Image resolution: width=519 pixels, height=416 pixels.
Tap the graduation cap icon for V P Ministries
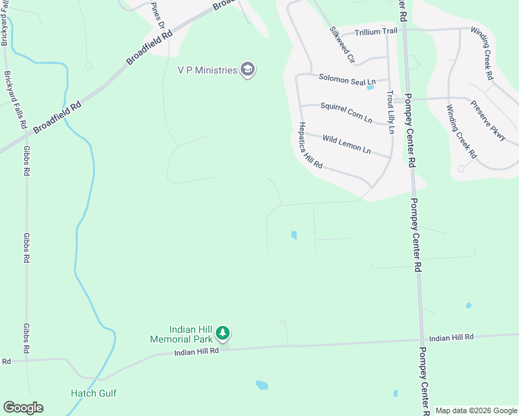click(x=248, y=69)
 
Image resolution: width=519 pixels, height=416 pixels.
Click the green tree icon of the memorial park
click(x=223, y=334)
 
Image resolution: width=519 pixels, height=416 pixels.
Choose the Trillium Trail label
click(x=377, y=33)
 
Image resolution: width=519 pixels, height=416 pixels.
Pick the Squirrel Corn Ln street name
click(x=346, y=112)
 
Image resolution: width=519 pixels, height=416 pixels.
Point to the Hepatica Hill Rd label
click(x=310, y=146)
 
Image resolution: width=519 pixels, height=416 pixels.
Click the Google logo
click(x=23, y=408)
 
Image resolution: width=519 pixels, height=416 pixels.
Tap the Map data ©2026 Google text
click(x=475, y=410)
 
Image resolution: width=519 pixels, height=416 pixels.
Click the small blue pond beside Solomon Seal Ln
click(x=370, y=87)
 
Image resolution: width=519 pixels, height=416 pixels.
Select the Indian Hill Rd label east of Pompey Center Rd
click(x=451, y=337)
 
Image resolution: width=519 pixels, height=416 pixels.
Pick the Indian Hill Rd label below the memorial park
click(x=196, y=352)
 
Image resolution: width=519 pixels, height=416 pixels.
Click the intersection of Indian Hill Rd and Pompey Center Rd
click(x=421, y=340)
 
